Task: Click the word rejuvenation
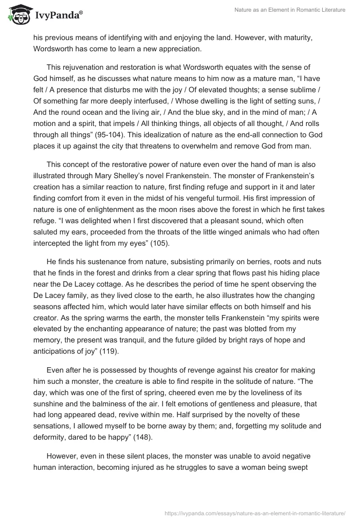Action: pos(85,67)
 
